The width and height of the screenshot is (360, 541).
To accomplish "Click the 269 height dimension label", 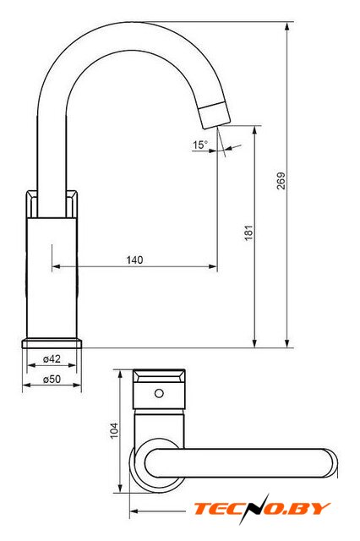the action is click(281, 181).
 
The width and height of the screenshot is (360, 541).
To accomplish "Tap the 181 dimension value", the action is click(248, 232).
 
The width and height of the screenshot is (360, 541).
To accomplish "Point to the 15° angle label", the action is click(200, 145).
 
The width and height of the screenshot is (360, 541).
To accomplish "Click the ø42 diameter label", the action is click(52, 358).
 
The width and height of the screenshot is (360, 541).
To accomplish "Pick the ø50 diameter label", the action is click(52, 379).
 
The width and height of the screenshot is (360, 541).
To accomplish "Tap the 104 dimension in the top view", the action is click(114, 430).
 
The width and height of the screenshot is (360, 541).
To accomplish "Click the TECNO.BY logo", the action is click(262, 509).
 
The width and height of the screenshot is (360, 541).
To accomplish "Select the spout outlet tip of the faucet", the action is click(215, 116).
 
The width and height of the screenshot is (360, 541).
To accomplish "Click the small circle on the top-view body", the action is click(159, 393).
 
